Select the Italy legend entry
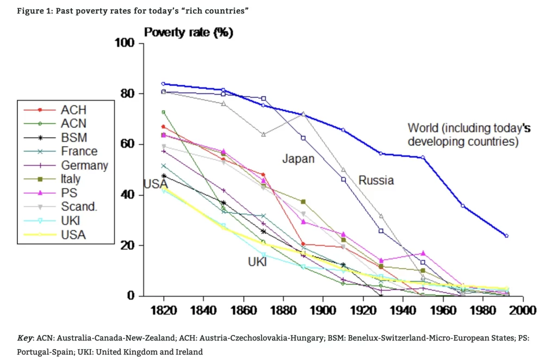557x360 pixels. coord(71,179)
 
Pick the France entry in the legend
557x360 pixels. coord(79,151)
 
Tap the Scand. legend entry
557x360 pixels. coord(78,207)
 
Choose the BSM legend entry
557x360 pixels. coord(73,138)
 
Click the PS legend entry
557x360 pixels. coord(69,193)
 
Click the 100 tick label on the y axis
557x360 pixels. coord(125,43)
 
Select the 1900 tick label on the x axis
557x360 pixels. coord(323,311)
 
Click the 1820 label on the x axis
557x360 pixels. coord(163,311)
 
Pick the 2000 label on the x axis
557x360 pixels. coord(523,311)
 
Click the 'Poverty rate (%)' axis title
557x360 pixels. coord(188,33)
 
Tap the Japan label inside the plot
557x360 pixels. coord(298,159)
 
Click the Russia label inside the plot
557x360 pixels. coord(376,180)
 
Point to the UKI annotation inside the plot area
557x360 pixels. coord(257,262)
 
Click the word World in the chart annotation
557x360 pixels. coord(423,128)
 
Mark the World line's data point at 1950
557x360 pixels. coord(423,158)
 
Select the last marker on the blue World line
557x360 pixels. coord(506,236)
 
